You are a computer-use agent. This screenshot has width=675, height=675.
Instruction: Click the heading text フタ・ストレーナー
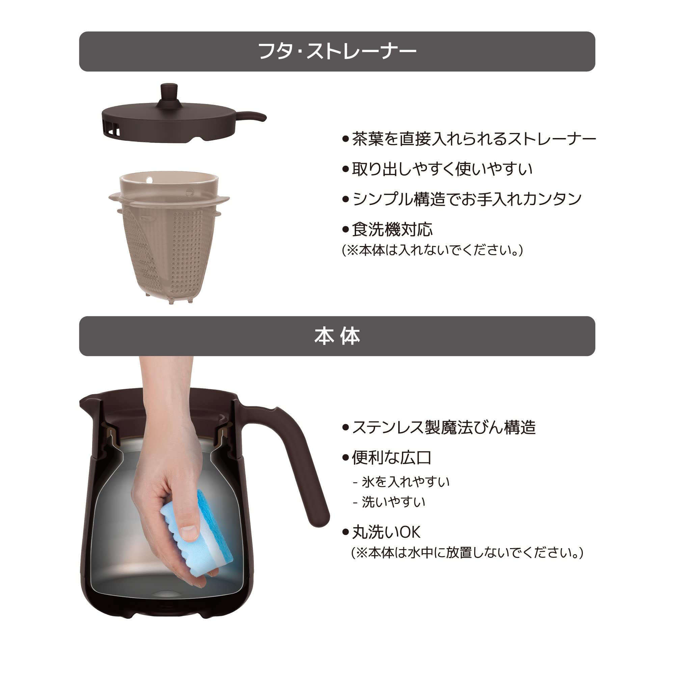(x=337, y=52)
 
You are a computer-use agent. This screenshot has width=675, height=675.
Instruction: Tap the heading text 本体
(x=337, y=336)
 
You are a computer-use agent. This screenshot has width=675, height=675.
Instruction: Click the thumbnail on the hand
(x=190, y=533)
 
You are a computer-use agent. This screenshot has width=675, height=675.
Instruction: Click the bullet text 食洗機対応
(x=392, y=230)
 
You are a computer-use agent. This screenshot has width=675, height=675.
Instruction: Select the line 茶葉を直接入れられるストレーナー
(x=474, y=139)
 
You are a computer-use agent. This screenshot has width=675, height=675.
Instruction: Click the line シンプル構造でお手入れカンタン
(x=466, y=199)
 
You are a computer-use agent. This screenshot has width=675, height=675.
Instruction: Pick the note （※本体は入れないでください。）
(x=432, y=250)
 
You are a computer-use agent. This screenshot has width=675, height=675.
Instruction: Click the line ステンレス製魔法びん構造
(x=443, y=427)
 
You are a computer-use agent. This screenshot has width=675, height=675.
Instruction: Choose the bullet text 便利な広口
(x=391, y=458)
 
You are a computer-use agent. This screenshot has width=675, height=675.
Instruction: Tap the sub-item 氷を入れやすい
(x=405, y=482)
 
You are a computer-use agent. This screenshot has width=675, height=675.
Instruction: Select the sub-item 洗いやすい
(x=394, y=503)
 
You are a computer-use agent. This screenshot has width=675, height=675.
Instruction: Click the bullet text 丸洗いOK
(x=386, y=532)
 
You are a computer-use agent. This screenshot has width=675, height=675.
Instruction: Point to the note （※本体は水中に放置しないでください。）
(x=467, y=553)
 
